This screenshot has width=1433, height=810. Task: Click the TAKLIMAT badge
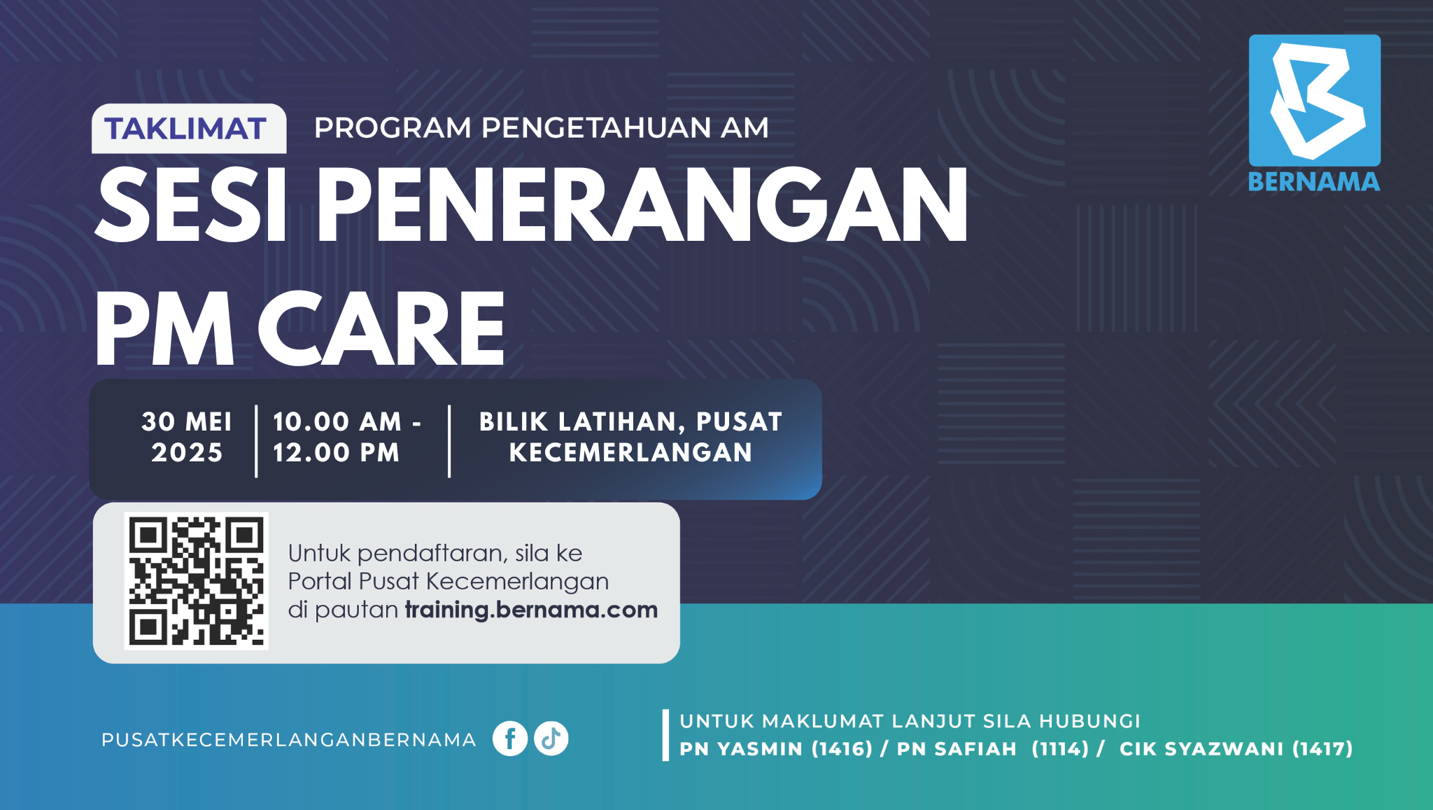pos(189,129)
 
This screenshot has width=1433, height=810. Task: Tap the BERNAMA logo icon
pos(1315,100)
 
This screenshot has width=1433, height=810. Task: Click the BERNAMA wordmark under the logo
pos(1314,182)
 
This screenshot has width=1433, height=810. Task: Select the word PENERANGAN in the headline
pos(642,206)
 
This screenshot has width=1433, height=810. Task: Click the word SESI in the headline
pos(191,206)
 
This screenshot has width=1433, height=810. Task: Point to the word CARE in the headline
pos(381,330)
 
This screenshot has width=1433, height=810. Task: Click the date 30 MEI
pos(187,421)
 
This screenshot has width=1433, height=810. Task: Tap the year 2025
pos(187,453)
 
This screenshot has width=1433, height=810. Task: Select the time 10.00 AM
pos(337,421)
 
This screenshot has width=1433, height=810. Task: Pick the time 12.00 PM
pos(336,453)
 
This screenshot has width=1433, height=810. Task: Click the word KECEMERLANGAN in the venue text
pos(630,453)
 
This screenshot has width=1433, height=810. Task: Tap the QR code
pos(197,581)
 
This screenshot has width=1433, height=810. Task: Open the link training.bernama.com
pos(531,610)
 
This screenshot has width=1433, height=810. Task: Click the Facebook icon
pos(510,739)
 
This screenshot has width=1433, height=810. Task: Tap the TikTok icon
pos(551,739)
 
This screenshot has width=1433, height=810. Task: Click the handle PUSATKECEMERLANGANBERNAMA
pos(288,740)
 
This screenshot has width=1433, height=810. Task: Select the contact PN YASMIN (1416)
pos(776,748)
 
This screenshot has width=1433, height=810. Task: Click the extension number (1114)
pos(1060,748)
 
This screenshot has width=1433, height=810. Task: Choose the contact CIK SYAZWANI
pos(1201,748)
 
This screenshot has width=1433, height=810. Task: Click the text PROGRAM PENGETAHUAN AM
pos(542,128)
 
